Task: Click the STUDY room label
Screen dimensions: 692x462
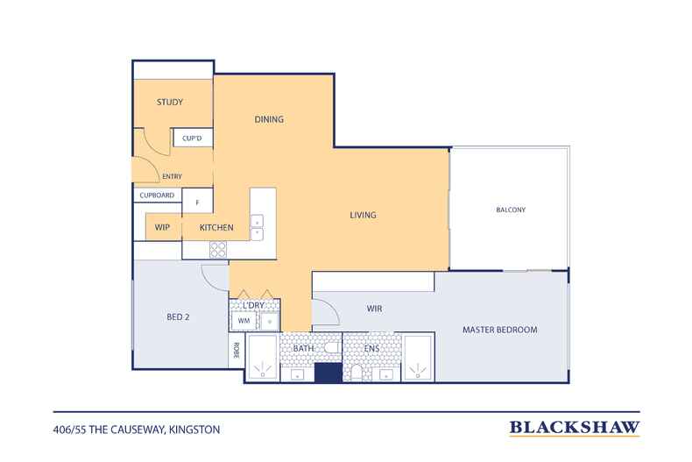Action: [170, 102]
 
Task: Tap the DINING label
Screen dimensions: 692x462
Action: [269, 119]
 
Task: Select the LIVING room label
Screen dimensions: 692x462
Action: [364, 215]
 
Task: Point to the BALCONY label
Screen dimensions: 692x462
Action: [511, 210]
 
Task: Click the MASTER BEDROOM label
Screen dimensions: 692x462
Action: [500, 330]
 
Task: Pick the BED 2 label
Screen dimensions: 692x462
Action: [179, 317]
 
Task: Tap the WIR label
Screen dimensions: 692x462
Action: [374, 309]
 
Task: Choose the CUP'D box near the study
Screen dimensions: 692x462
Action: [193, 138]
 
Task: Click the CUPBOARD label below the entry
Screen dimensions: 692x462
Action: [157, 195]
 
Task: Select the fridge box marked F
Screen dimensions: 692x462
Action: [198, 202]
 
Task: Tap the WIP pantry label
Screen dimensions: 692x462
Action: [162, 227]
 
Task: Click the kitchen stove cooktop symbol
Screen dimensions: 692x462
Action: [218, 250]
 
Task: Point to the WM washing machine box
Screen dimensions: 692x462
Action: [244, 321]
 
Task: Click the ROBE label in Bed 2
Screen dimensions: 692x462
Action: [237, 351]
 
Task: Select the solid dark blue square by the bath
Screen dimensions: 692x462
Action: [328, 373]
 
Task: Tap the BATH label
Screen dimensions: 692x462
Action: [304, 349]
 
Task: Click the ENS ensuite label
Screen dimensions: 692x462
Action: [371, 349]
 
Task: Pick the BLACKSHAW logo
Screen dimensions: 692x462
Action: [575, 428]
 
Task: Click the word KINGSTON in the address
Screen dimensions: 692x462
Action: [194, 430]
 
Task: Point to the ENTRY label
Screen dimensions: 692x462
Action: [172, 177]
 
